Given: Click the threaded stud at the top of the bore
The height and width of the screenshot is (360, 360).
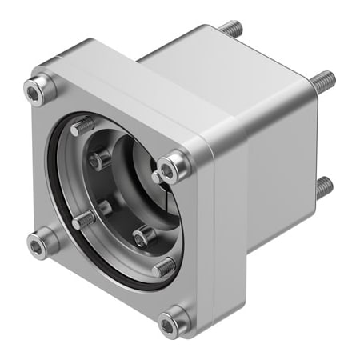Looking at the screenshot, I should coord(81,126).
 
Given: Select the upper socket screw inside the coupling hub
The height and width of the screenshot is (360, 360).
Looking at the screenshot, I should coord(100,159).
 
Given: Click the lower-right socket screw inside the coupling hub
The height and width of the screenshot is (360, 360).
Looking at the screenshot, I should coord(142,236).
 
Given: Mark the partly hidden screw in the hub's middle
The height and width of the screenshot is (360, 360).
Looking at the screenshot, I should coord(104,207).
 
